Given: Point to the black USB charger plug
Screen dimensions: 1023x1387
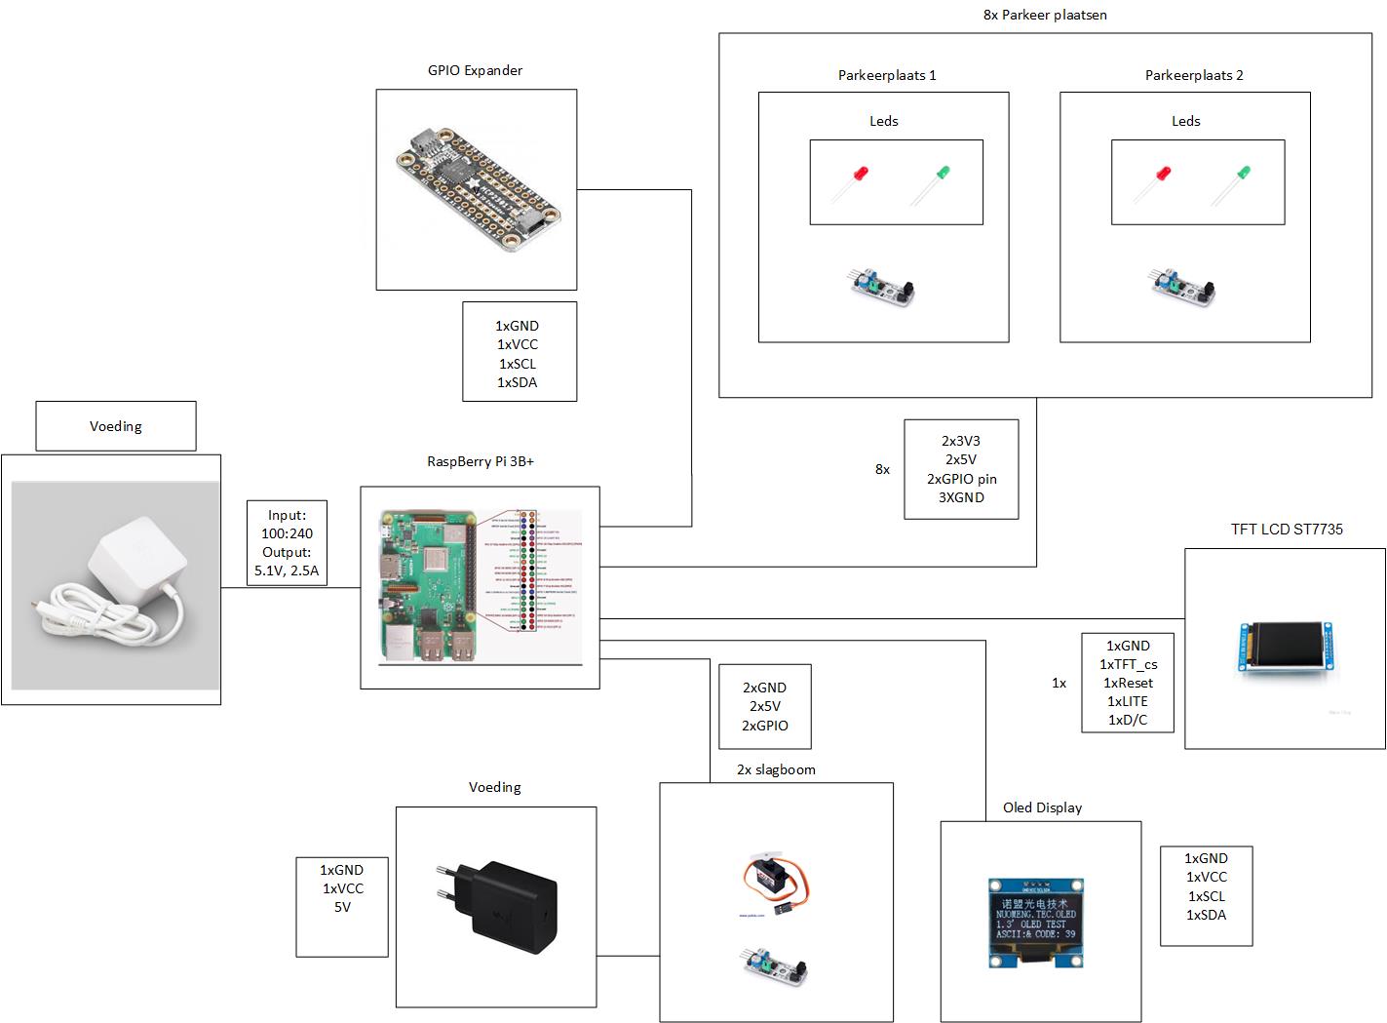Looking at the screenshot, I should [495, 906].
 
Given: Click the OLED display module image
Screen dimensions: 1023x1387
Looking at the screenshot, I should [1039, 921].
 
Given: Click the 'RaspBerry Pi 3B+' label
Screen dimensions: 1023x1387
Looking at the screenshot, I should [481, 461].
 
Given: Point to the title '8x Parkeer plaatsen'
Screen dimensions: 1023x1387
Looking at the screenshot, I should [1045, 15].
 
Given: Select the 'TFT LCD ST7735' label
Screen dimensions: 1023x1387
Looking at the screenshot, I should [1287, 529].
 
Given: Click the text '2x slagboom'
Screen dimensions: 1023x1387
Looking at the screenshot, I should [776, 769].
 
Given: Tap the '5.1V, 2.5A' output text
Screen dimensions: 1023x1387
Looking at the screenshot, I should [287, 571].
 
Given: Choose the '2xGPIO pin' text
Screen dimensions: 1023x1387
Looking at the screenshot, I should [961, 479].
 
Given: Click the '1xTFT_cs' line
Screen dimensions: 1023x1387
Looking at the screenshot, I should [1128, 664].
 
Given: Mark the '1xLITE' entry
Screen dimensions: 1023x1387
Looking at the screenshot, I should [1128, 701].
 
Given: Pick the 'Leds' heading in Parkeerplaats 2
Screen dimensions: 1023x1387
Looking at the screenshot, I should [1185, 121].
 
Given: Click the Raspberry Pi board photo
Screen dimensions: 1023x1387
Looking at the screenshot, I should [429, 587].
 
